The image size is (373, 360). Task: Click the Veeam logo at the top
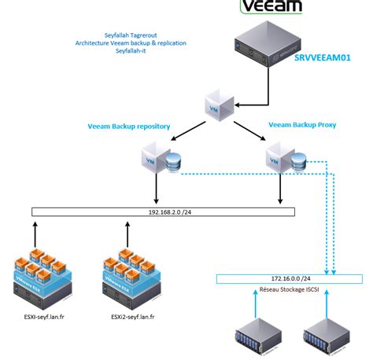271,8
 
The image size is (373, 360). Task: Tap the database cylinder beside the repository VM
173,162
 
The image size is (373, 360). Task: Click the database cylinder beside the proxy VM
300,162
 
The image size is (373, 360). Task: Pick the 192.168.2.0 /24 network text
164,211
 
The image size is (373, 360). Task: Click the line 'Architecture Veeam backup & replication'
131,43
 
